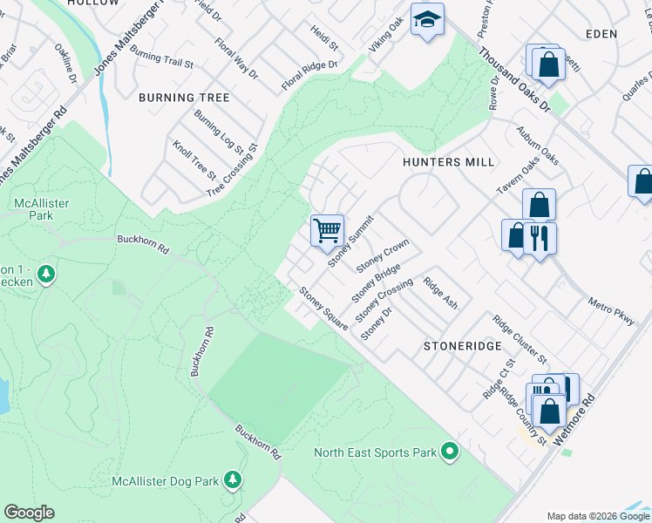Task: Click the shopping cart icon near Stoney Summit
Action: coord(327,231)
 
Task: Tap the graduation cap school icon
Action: coord(427,20)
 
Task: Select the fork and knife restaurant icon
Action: coord(540,237)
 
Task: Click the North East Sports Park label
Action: coord(375,452)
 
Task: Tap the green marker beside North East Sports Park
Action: coord(449,452)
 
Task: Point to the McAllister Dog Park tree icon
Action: coord(232,479)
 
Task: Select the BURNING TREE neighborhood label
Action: coord(184,98)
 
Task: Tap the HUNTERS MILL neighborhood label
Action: coord(448,162)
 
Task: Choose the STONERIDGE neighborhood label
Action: coord(462,346)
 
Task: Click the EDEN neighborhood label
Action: coord(601,34)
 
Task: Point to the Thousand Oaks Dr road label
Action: coord(514,79)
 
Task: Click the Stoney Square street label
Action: coord(323,308)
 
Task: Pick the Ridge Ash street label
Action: coord(440,294)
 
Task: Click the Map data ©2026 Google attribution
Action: coord(598,516)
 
